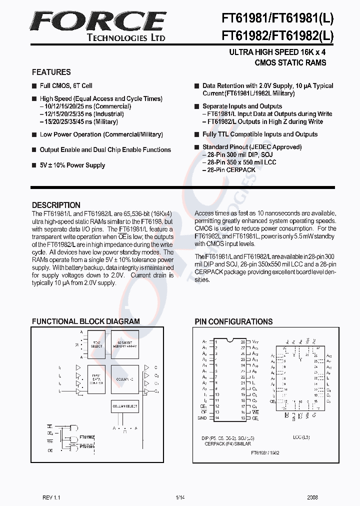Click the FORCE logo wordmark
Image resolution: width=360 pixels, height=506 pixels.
coord(98,22)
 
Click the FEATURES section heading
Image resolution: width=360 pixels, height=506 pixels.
coord(51,72)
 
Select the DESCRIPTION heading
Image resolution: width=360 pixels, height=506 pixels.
coord(56,205)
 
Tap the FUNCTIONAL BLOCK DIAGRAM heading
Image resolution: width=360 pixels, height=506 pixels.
coord(86,321)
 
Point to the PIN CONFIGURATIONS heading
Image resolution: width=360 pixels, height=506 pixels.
coord(233,321)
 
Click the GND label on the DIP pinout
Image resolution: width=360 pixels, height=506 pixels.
coord(202,417)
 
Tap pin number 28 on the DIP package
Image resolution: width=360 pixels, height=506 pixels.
coord(242,341)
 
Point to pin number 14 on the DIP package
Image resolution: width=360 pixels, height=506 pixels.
coord(217,417)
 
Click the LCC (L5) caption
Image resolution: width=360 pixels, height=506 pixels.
coord(301,437)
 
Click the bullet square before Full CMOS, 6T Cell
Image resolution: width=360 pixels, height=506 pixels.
coord(34,86)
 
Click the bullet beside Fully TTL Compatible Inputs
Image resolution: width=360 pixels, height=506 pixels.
coord(197,134)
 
